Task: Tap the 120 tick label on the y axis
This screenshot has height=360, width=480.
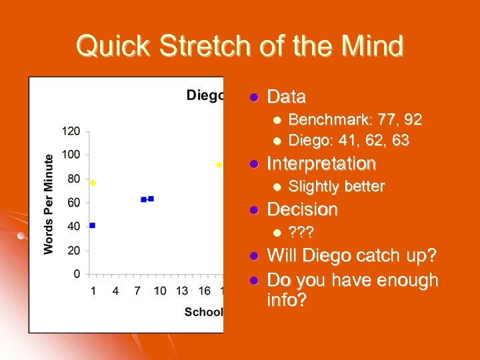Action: pos(71,131)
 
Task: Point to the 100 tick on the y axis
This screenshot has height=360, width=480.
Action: pos(71,155)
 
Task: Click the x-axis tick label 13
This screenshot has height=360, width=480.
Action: pos(182,291)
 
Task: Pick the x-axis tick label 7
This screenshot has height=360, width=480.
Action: pos(137,291)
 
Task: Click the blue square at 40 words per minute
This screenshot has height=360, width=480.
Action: pos(92,226)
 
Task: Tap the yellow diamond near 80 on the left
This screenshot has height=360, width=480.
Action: pos(93,183)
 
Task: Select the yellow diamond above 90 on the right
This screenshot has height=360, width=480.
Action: pos(219,165)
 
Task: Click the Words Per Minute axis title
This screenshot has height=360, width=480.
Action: pos(49,203)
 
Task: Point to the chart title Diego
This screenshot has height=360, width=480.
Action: pos(204,95)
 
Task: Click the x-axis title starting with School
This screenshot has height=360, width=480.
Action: pos(203,312)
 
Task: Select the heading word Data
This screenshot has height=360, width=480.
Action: pos(286,97)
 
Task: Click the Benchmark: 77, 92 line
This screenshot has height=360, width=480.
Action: pos(355,120)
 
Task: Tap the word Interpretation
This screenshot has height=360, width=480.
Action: pos(321,163)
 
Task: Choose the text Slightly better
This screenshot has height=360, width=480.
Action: pos(336,186)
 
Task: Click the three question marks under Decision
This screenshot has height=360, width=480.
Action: pos(301,232)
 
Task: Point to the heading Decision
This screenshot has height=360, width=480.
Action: pos(302,209)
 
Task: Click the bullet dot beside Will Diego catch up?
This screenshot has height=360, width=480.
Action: pos(253,256)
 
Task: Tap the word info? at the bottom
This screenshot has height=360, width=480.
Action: pos(287,300)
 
